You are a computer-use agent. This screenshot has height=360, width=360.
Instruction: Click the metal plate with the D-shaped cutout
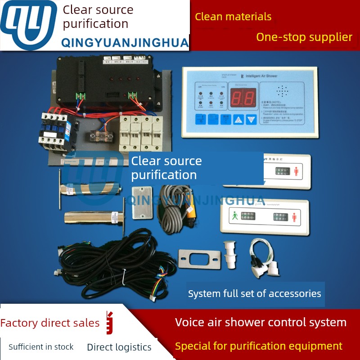(199, 260)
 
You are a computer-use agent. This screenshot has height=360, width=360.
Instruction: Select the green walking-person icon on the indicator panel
(234, 216)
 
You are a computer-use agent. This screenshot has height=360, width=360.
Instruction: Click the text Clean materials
(233, 17)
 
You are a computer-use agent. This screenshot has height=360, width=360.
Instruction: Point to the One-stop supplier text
(304, 37)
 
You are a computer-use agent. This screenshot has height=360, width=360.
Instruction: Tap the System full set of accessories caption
(255, 294)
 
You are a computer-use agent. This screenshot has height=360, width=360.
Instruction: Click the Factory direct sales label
(50, 323)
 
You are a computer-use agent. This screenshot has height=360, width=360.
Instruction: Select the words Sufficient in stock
(41, 347)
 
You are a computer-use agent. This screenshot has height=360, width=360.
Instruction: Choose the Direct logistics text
(119, 347)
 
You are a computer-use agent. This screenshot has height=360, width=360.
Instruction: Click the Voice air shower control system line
(261, 322)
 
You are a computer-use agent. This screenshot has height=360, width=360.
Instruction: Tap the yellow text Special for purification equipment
(259, 346)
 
